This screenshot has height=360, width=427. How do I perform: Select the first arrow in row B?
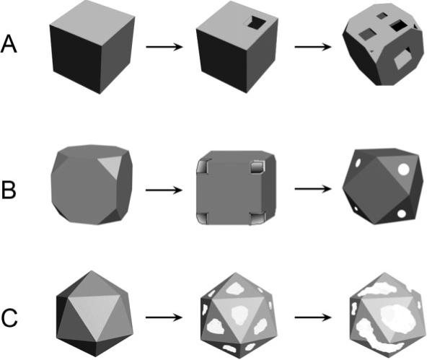[167, 191]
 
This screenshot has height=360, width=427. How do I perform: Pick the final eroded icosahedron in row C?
[383, 312]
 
